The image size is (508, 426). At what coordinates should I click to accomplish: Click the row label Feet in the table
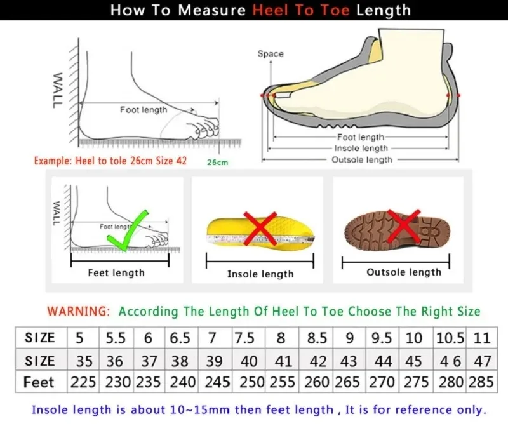coord(39,382)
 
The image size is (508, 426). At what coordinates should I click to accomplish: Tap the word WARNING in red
coord(78,312)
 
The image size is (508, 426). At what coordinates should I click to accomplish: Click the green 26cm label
coord(217,163)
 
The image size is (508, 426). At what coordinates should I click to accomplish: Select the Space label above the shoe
coord(271,54)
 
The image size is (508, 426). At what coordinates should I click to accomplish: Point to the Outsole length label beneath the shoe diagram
coord(362,160)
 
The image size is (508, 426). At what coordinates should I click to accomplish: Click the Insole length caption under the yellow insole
coord(260,274)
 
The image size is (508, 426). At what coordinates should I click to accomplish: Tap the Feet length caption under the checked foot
coord(116,273)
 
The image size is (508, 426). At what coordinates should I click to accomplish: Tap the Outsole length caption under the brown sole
coord(403,272)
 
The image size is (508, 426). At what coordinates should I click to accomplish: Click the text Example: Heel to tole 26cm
coord(95,161)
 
